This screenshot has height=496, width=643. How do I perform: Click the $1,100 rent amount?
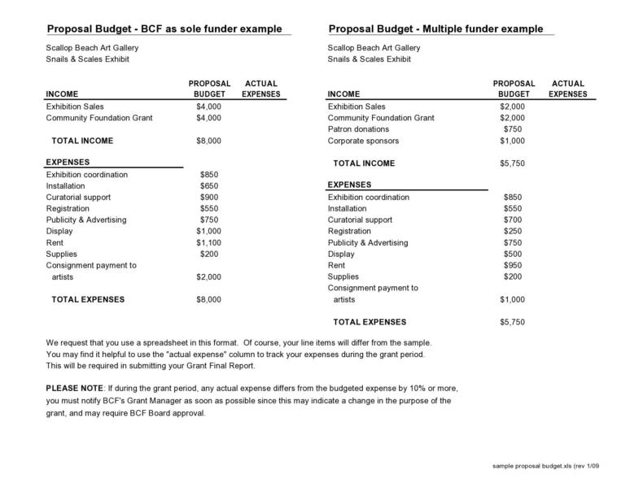(209, 242)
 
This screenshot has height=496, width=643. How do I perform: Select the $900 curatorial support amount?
(209, 197)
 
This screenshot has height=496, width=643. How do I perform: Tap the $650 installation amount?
(209, 185)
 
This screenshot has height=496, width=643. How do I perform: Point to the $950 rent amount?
(513, 265)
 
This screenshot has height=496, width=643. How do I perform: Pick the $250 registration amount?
(513, 231)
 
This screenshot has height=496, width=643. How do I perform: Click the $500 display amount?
(513, 254)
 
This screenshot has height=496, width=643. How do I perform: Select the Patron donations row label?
(358, 129)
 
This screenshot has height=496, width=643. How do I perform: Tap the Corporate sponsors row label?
(363, 141)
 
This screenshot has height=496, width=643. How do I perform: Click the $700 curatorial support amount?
(513, 220)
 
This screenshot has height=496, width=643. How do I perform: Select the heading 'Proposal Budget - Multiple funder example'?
(435, 28)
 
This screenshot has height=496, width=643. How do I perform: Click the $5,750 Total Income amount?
(512, 163)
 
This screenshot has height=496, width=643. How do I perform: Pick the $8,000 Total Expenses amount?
(209, 299)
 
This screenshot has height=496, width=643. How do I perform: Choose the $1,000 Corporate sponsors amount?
(512, 141)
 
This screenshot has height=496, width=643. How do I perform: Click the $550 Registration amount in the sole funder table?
(209, 208)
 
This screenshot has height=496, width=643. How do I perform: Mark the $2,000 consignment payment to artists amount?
(209, 276)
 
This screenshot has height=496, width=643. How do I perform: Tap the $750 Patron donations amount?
(513, 129)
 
